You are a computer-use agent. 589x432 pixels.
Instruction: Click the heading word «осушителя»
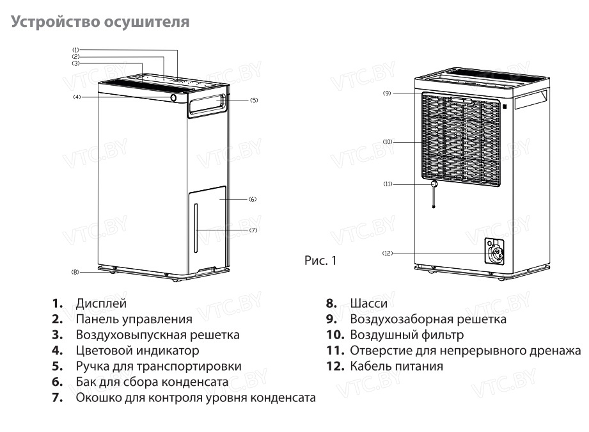pyautogui.click(x=146, y=22)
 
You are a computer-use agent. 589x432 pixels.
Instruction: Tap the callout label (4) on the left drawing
pyautogui.click(x=77, y=97)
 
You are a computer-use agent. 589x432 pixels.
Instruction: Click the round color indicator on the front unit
pyautogui.click(x=173, y=98)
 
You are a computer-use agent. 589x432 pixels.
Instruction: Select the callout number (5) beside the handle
pyautogui.click(x=255, y=100)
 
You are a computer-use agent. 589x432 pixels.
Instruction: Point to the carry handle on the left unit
pyautogui.click(x=208, y=104)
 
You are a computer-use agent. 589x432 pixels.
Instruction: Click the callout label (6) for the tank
pyautogui.click(x=253, y=199)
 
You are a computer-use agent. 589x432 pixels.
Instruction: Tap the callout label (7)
pyautogui.click(x=253, y=230)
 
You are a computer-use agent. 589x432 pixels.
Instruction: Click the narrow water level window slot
pyautogui.click(x=196, y=228)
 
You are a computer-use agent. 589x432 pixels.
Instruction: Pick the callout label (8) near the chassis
pyautogui.click(x=75, y=272)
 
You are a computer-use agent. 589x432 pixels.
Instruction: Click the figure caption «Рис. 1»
pyautogui.click(x=320, y=260)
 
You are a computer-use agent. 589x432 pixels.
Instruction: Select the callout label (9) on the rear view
pyautogui.click(x=387, y=93)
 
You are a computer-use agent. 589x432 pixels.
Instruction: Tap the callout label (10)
pyautogui.click(x=388, y=142)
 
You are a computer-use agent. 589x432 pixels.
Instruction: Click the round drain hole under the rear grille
pyautogui.click(x=434, y=184)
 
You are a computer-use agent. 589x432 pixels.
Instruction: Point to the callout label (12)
pyautogui.click(x=388, y=253)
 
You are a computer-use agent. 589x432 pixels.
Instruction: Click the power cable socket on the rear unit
pyautogui.click(x=495, y=252)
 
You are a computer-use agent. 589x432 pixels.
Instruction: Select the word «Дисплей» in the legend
pyautogui.click(x=101, y=303)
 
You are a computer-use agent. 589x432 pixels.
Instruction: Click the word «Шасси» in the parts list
pyautogui.click(x=368, y=303)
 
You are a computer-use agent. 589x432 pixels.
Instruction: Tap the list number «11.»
pyautogui.click(x=336, y=351)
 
